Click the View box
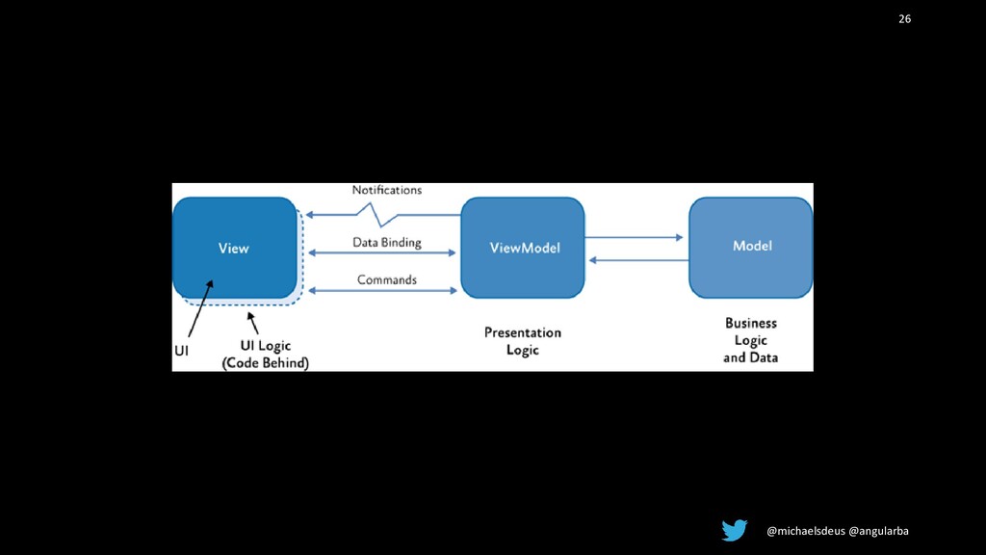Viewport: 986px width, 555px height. tap(234, 248)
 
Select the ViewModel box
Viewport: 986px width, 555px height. tap(523, 248)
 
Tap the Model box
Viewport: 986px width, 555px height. tap(751, 247)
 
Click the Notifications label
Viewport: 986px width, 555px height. tap(386, 191)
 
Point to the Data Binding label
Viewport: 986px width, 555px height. tap(386, 243)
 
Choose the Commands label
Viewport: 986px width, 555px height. tap(386, 280)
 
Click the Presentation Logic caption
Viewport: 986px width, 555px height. tap(522, 341)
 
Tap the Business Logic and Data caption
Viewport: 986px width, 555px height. tap(751, 340)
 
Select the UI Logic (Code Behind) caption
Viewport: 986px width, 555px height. tap(265, 354)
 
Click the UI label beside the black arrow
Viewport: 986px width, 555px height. tap(180, 352)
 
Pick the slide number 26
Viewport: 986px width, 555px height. tap(904, 19)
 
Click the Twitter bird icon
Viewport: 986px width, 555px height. tap(735, 530)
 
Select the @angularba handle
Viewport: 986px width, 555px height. tap(877, 531)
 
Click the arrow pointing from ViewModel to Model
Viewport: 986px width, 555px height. tap(636, 236)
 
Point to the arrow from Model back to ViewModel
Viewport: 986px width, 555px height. tap(636, 259)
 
